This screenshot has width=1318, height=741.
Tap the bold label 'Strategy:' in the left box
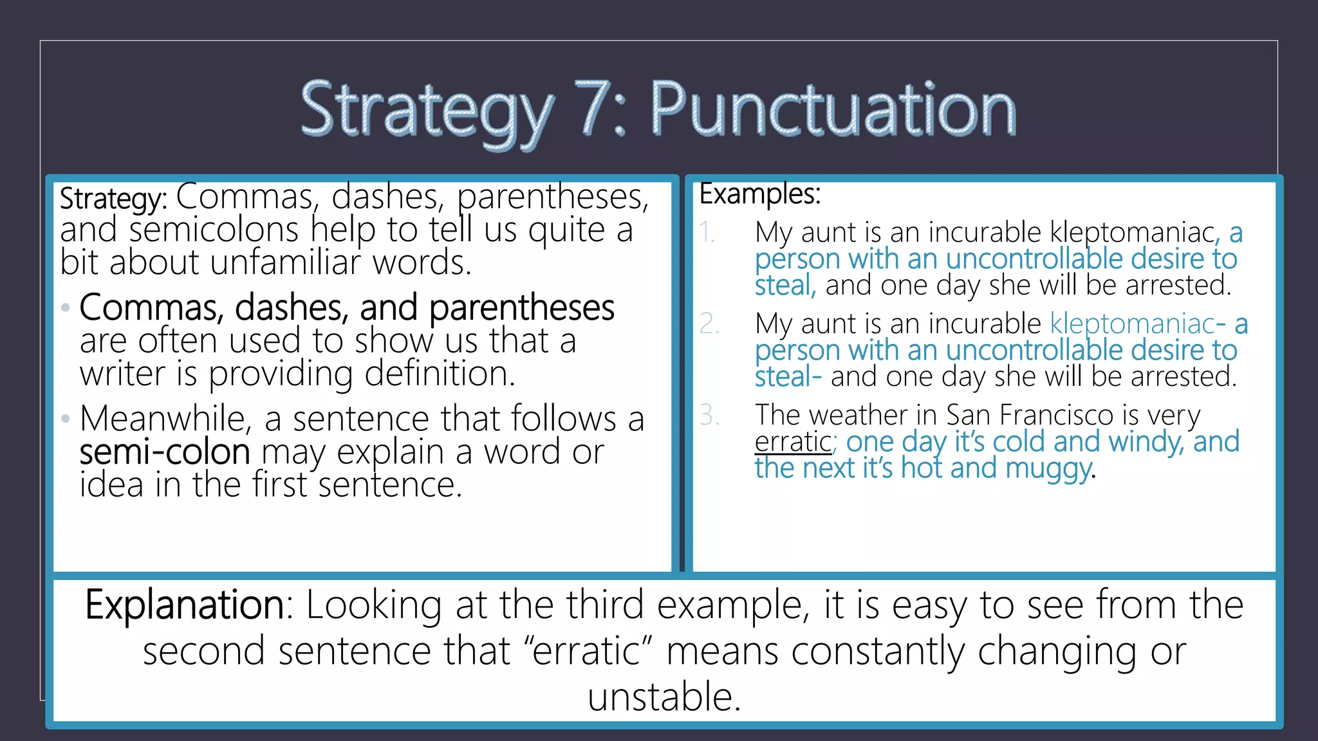tap(113, 199)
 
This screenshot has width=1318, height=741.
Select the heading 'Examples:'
tap(760, 194)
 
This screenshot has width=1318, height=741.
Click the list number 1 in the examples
tap(707, 232)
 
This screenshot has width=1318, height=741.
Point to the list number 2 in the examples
tap(709, 324)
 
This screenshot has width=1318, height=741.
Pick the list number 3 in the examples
tap(709, 415)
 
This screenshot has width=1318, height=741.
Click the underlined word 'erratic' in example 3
tap(793, 442)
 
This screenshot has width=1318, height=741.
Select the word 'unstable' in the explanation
tap(663, 697)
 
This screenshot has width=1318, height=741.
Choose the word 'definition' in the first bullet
tap(425, 374)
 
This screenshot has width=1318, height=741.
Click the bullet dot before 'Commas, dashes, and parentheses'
tap(65, 308)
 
